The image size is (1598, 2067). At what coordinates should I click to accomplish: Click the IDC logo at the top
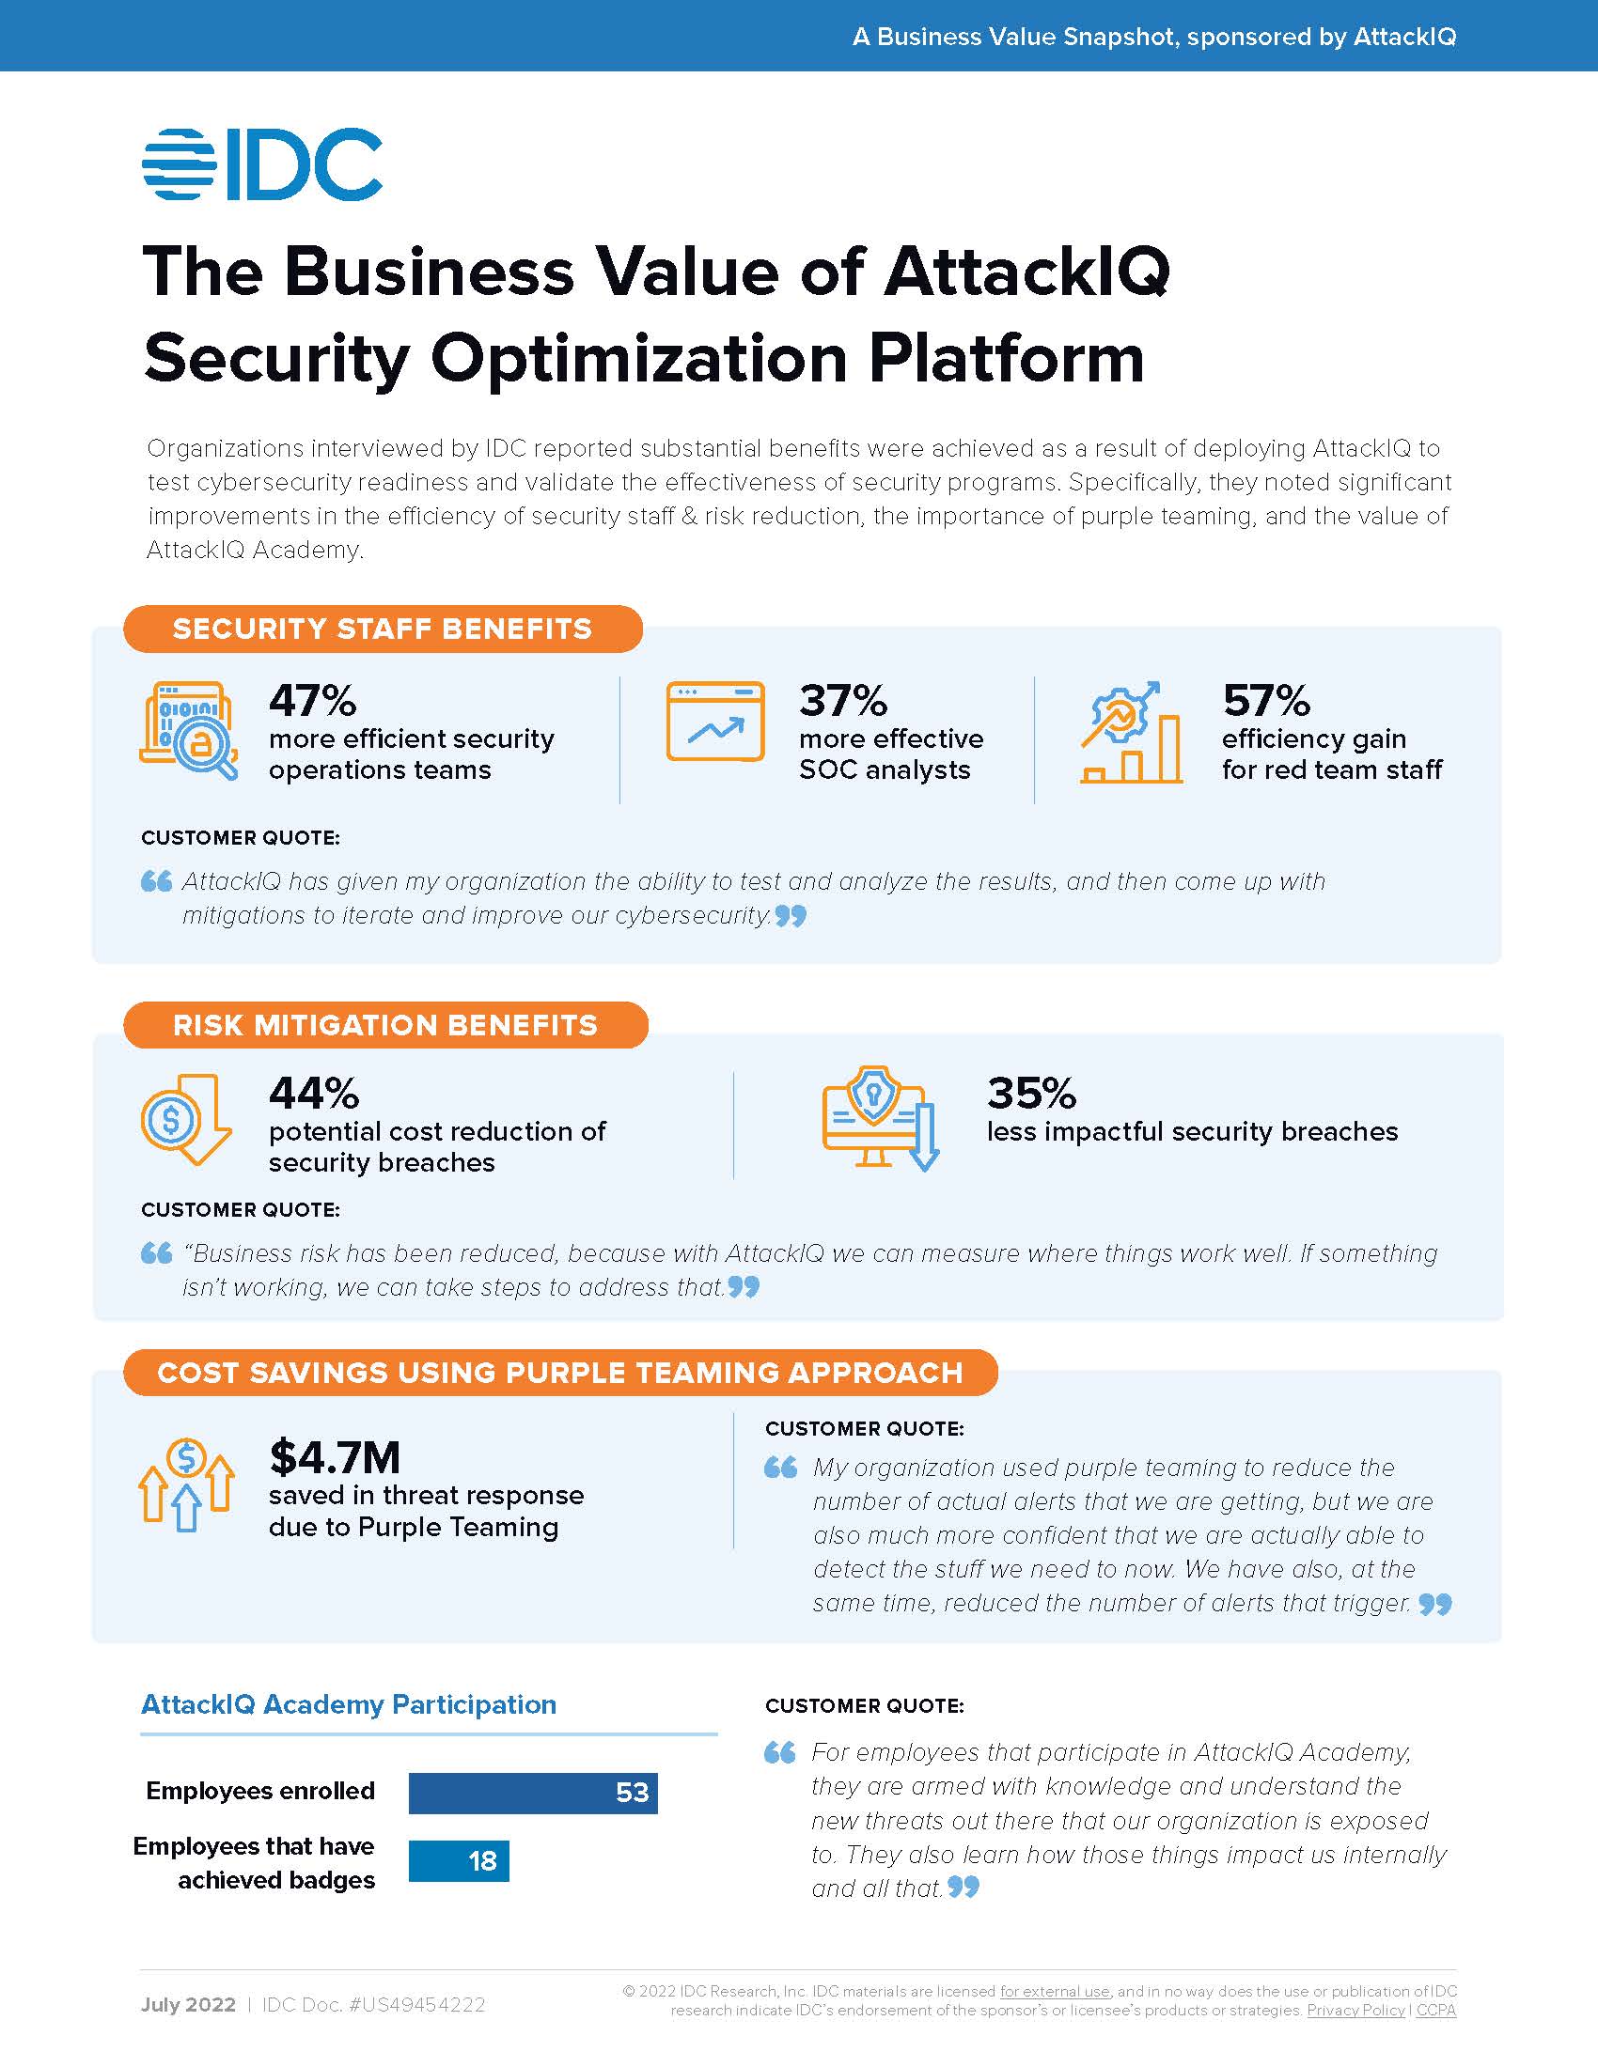click(x=262, y=163)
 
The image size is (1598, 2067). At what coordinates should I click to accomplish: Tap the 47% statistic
click(x=312, y=701)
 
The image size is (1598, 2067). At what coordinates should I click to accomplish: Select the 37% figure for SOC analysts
click(x=842, y=701)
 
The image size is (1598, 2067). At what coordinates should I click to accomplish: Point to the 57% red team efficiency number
click(x=1266, y=701)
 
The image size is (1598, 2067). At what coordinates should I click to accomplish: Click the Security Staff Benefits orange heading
click(x=383, y=629)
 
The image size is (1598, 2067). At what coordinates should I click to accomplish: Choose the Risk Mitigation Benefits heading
click(x=385, y=1025)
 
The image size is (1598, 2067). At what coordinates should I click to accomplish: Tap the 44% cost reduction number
click(x=313, y=1093)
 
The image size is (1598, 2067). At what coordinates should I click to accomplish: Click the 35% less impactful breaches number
click(x=1031, y=1093)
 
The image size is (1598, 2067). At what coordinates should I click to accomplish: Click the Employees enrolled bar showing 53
click(x=533, y=1793)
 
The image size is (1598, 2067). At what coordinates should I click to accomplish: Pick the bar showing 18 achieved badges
click(x=459, y=1860)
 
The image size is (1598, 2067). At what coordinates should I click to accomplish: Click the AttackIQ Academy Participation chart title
click(x=349, y=1704)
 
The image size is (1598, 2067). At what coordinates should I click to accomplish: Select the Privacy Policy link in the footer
click(x=1355, y=2011)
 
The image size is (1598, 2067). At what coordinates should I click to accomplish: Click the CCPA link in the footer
click(x=1435, y=2011)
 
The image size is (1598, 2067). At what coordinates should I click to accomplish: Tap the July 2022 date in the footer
click(x=188, y=2005)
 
